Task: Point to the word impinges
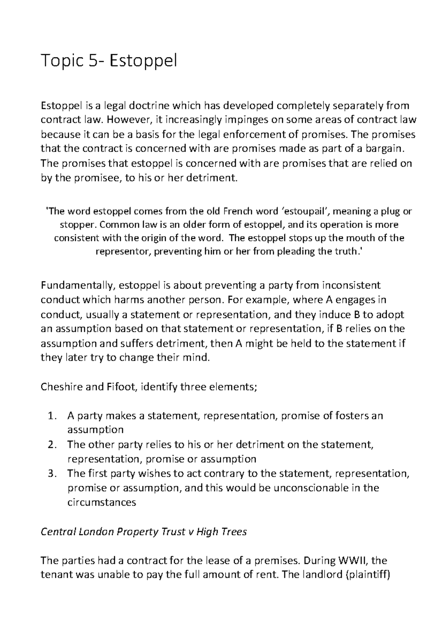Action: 243,120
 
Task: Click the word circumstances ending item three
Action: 102,502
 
